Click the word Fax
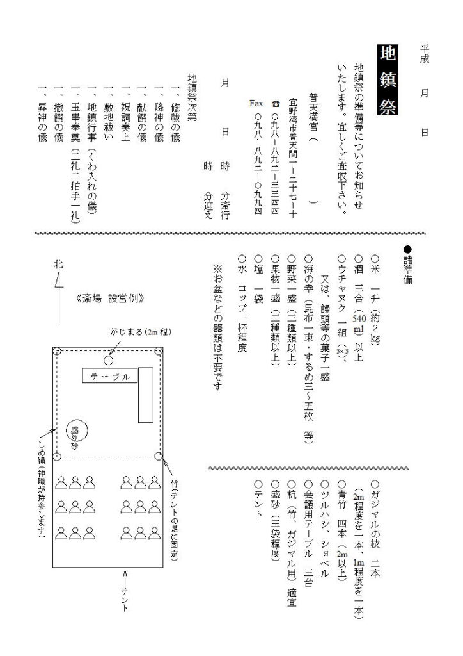point(258,103)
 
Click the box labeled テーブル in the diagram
point(109,377)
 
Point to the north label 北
point(59,264)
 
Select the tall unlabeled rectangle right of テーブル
point(146,395)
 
